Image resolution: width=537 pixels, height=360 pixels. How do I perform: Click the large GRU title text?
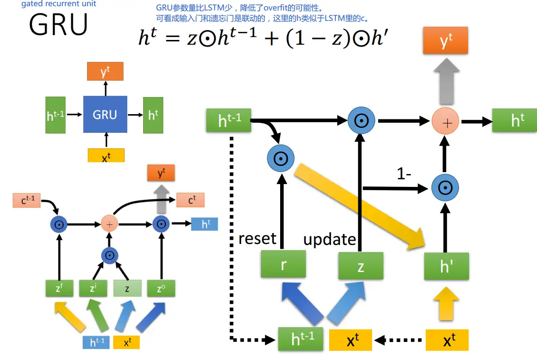[x=59, y=25]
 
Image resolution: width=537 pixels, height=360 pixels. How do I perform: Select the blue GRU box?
[x=105, y=115]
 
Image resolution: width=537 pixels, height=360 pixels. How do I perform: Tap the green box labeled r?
[x=283, y=264]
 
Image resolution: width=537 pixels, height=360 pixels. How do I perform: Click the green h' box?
[x=446, y=266]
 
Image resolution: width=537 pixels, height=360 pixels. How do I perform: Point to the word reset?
[x=257, y=238]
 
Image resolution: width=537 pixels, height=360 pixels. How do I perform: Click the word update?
[x=330, y=239]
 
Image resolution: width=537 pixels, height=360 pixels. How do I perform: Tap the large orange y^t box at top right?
[x=446, y=41]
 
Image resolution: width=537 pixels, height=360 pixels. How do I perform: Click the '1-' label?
[x=405, y=174]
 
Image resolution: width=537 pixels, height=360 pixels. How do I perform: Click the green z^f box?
[x=59, y=288]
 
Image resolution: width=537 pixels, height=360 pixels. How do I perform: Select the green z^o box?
[x=161, y=288]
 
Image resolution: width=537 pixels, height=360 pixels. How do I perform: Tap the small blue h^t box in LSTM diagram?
[x=205, y=224]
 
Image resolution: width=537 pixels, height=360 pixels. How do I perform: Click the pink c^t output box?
[x=191, y=200]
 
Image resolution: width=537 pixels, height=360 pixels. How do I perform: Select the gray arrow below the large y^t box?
[x=446, y=81]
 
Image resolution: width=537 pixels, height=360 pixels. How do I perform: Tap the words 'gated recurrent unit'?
[x=59, y=4]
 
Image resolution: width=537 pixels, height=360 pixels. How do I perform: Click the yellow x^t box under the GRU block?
[x=106, y=156]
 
